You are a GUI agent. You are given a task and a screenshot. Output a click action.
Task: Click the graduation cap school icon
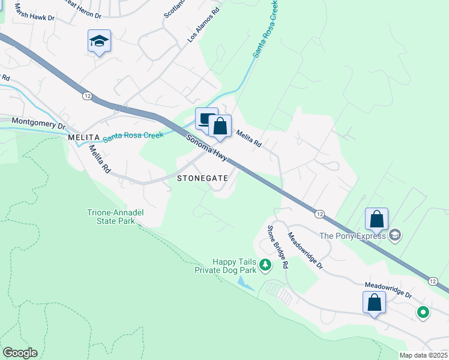click(x=100, y=41)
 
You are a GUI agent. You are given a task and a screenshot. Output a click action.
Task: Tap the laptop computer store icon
click(x=206, y=118)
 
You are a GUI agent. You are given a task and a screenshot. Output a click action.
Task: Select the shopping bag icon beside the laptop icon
click(x=220, y=126)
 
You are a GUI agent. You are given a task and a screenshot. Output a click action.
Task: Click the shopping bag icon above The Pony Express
click(x=376, y=219)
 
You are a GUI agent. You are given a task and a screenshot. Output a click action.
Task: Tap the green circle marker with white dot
click(x=423, y=311)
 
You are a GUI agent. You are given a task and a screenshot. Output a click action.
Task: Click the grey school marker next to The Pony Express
click(x=394, y=235)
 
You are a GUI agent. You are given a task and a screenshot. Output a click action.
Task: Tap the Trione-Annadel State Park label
click(x=115, y=216)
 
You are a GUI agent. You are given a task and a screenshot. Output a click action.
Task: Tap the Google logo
click(x=20, y=353)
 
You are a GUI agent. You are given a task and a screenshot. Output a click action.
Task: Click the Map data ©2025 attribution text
click(x=423, y=355)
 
